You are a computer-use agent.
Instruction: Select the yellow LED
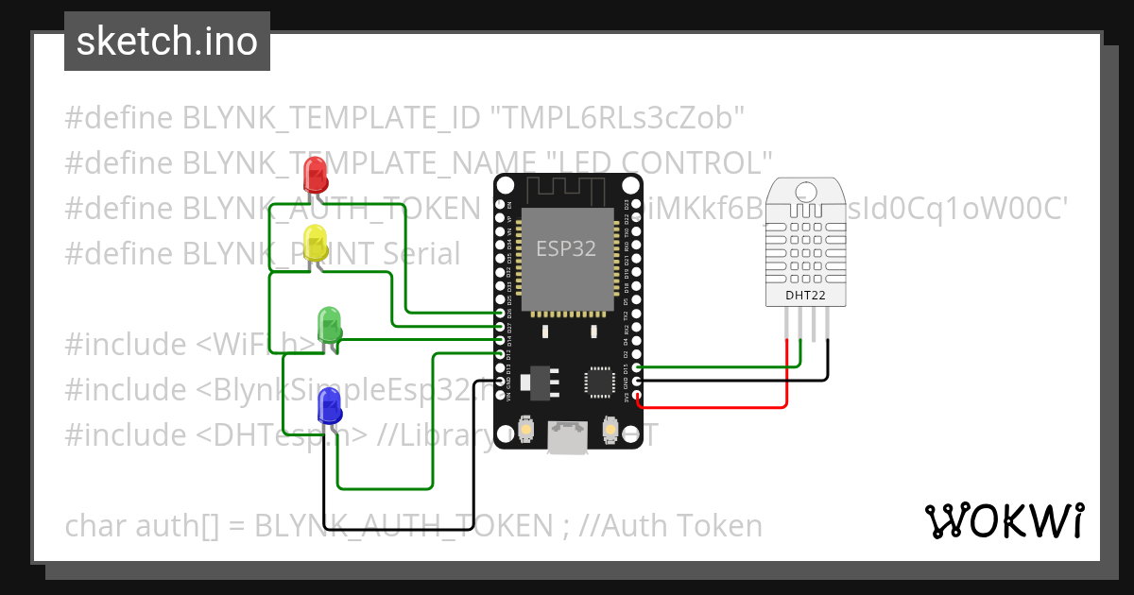[315, 242]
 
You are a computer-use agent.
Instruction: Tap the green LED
[330, 324]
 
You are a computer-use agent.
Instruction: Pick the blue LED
[330, 405]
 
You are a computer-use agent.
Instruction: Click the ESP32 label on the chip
[566, 249]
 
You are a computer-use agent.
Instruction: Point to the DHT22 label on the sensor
[805, 296]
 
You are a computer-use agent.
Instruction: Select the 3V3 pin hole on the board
[638, 395]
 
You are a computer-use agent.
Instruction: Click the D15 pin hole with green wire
[638, 367]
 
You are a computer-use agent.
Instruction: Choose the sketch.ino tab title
[167, 42]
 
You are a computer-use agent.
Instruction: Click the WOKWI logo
[1004, 520]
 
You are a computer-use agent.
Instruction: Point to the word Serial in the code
[415, 254]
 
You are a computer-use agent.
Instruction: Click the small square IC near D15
[599, 381]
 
